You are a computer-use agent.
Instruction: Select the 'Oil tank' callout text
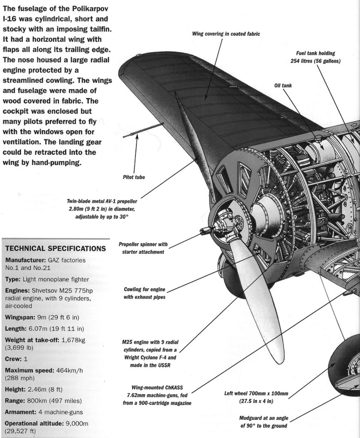283,85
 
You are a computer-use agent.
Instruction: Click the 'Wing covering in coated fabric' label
226,33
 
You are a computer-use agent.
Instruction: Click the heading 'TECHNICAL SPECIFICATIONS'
55,248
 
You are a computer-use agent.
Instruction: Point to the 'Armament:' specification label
21,412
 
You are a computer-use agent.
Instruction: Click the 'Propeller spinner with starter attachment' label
143,248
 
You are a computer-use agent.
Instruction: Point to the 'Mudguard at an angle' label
264,421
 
